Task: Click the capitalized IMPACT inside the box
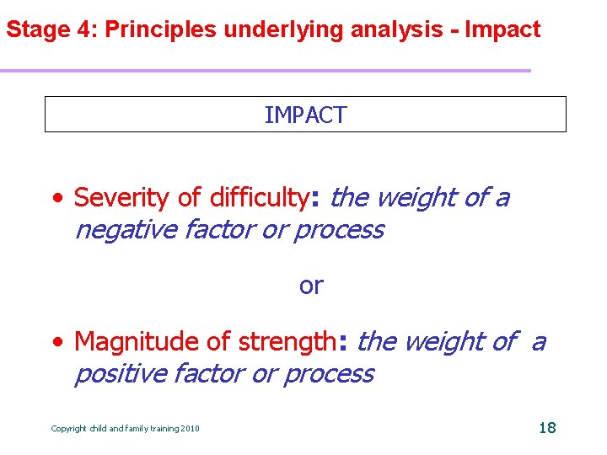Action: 305,115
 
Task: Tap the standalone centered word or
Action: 310,286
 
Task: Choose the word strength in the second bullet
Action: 287,342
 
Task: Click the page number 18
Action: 547,428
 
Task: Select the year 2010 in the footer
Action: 190,429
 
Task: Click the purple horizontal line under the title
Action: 266,70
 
